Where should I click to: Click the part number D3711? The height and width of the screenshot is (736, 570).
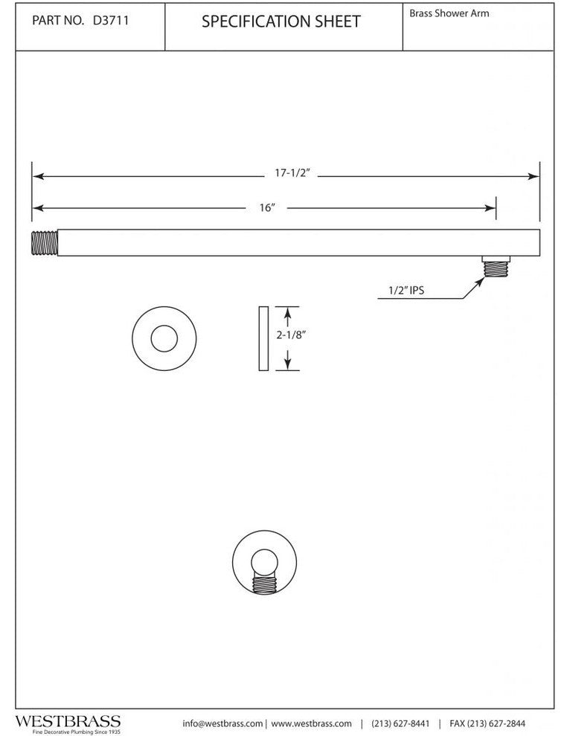[x=111, y=21]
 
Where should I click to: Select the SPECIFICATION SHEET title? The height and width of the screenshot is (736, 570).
[x=281, y=22]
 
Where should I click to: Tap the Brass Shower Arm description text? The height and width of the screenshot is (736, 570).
[x=449, y=13]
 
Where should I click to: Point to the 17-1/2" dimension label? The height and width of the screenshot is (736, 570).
[x=292, y=173]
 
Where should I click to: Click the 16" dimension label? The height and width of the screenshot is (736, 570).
[x=266, y=207]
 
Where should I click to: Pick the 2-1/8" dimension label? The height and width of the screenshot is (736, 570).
[x=291, y=335]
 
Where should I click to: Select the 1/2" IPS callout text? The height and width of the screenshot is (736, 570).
[x=406, y=291]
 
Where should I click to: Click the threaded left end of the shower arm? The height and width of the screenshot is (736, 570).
[x=45, y=242]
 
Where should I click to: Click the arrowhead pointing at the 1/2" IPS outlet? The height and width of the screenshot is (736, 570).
[x=480, y=281]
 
